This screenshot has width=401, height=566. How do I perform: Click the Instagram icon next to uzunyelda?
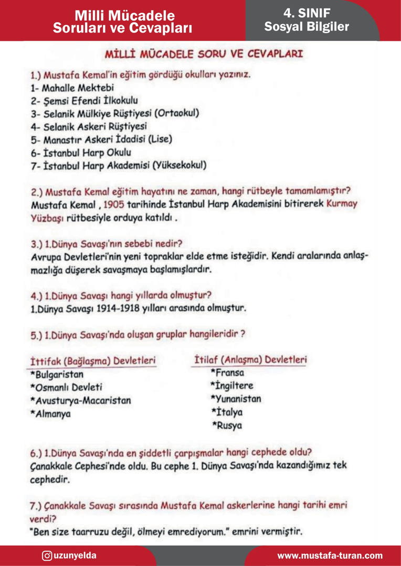[47, 556]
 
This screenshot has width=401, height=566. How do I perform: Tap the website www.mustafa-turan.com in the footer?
[330, 556]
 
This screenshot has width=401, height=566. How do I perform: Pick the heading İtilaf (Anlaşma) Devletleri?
[250, 360]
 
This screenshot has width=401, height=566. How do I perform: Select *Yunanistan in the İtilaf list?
[236, 399]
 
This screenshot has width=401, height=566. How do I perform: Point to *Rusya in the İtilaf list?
[227, 426]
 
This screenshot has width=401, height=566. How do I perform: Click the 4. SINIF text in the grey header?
[307, 13]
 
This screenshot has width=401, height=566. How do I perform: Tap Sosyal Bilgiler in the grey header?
[307, 27]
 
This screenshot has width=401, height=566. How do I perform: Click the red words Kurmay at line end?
[342, 204]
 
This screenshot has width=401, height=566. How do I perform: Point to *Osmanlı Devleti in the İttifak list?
[66, 388]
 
